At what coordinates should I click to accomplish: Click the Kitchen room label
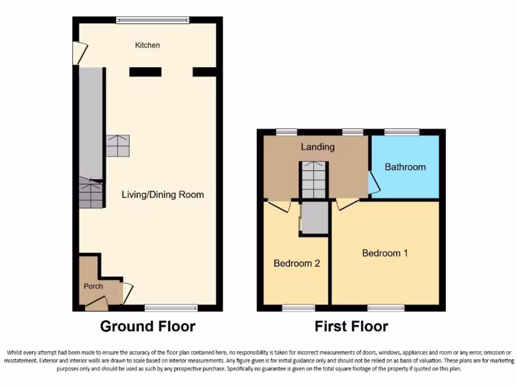tap(147, 45)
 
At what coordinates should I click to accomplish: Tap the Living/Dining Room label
tap(163, 195)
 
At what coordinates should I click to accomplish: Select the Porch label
tap(93, 286)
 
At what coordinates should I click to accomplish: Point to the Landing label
tap(318, 147)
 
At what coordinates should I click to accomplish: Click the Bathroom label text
tap(405, 167)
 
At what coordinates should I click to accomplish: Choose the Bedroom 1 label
tap(385, 253)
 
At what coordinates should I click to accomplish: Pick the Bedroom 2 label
tap(296, 263)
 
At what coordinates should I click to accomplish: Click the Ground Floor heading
tap(147, 326)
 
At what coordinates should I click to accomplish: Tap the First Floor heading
tap(351, 326)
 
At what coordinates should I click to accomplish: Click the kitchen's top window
tap(152, 20)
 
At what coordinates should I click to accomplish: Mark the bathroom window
tap(402, 132)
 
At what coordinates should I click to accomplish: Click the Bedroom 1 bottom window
tap(386, 308)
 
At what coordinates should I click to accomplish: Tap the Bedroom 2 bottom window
tap(298, 308)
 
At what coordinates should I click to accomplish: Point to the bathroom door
tap(374, 183)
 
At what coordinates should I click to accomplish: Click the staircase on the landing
tap(314, 180)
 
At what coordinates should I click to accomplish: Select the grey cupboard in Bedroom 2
tap(315, 218)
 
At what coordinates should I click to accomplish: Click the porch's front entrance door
tap(96, 304)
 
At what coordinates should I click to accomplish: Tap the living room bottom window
tap(171, 308)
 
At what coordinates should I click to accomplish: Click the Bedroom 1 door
tap(347, 204)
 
